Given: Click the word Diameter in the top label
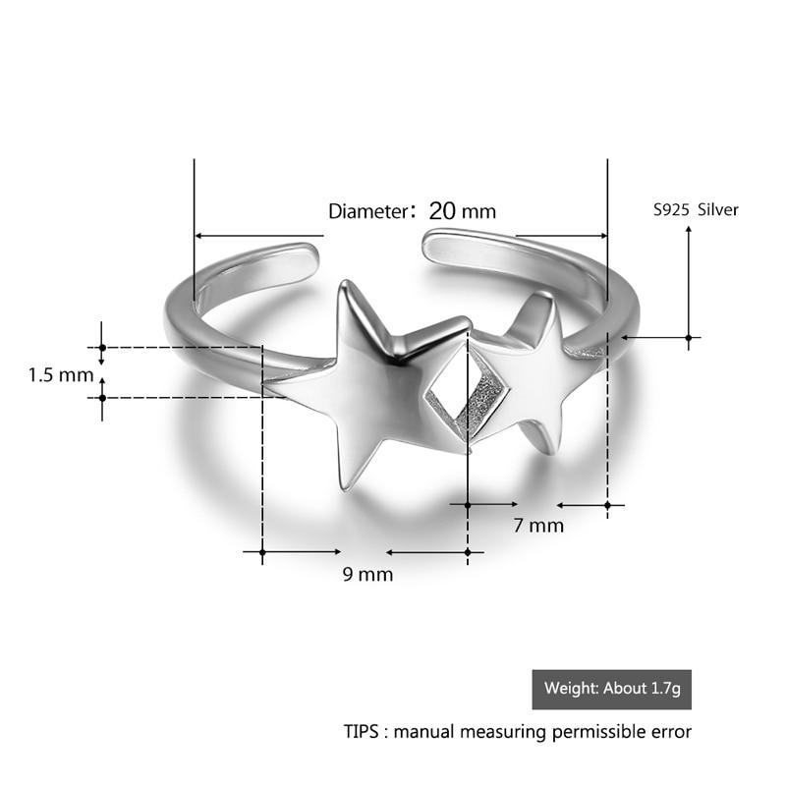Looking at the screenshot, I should click(x=365, y=211).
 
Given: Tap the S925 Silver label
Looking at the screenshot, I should click(x=695, y=209).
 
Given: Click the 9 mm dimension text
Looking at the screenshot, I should click(x=367, y=575).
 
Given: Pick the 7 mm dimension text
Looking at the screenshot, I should click(x=538, y=525).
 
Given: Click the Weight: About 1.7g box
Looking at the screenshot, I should click(x=611, y=689).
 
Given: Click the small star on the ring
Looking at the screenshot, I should click(x=531, y=373).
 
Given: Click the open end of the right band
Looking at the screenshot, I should click(x=432, y=245).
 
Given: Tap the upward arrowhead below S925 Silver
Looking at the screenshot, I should click(x=688, y=230).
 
